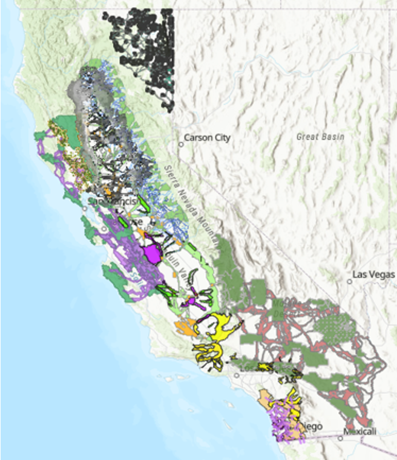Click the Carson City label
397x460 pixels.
208,138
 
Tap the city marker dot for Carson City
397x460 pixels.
180,144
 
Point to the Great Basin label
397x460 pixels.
320,137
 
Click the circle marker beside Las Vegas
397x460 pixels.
349,280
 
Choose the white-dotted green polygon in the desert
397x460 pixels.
335,327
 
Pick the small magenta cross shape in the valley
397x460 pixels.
192,300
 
